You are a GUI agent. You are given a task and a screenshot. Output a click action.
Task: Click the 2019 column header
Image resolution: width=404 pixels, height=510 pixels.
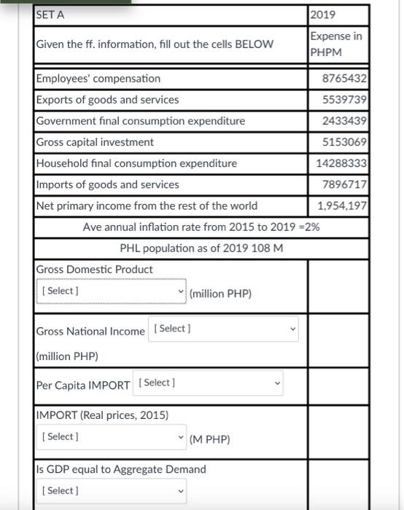tap(322, 15)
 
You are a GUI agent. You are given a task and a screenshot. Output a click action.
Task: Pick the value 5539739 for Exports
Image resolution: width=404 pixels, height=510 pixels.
tap(344, 100)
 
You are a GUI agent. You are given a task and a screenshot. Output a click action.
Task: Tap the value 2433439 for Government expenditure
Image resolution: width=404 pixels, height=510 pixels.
tap(344, 121)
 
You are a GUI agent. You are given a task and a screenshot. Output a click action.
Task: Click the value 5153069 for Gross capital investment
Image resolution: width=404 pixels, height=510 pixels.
tap(344, 142)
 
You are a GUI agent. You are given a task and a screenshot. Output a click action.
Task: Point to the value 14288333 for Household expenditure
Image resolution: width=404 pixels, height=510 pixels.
tap(341, 163)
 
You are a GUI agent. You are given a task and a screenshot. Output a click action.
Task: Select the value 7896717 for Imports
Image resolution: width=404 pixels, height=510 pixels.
tap(344, 184)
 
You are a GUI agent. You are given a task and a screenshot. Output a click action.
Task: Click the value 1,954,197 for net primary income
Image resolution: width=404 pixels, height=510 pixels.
tap(341, 205)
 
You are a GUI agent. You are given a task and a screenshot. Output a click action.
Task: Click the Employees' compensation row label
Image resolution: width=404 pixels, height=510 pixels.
tap(98, 79)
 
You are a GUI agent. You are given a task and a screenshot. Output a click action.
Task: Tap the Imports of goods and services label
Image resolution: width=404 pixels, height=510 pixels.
tap(107, 184)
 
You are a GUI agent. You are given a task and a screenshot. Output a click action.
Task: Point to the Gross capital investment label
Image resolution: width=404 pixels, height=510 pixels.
tap(95, 142)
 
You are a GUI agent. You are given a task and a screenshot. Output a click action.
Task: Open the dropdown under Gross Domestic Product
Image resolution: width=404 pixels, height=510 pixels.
tap(112, 291)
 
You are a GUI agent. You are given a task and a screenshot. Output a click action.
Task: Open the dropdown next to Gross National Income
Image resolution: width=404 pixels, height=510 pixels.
tap(223, 329)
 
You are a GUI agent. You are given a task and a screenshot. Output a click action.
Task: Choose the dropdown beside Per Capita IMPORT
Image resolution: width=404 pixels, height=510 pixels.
tap(209, 382)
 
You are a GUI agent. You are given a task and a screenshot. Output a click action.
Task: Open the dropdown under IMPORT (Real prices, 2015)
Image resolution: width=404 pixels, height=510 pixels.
tap(112, 436)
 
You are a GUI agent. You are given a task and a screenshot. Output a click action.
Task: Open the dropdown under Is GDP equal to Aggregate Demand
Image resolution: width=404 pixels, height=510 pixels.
tap(112, 490)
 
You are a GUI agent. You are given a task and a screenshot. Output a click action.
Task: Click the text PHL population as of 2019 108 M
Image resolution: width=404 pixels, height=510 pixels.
tap(201, 248)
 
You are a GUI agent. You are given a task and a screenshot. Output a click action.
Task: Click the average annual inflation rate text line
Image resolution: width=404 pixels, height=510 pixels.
tap(201, 227)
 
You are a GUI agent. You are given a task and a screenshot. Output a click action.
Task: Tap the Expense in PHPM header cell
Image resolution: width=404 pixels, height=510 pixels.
tap(336, 44)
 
